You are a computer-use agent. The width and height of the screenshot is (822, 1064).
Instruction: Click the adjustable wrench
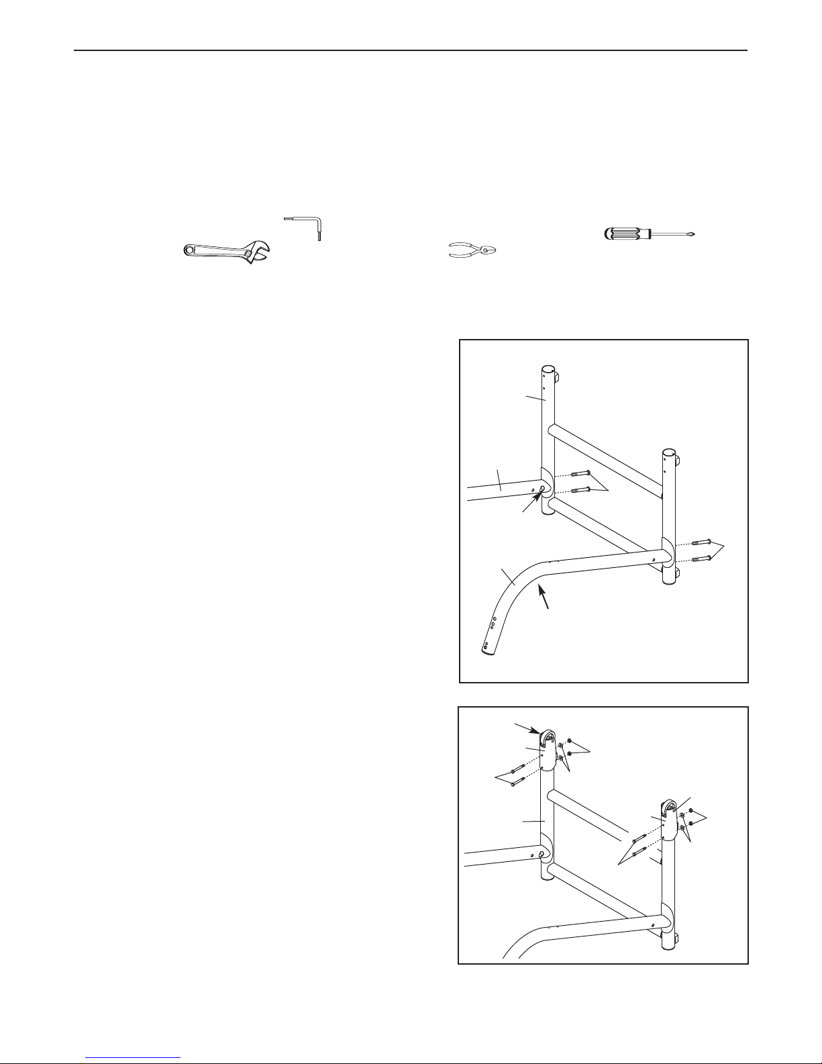225,252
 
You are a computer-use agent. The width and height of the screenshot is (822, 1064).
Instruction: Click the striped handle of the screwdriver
628,234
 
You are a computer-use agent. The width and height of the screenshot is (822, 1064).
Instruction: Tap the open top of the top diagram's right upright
669,451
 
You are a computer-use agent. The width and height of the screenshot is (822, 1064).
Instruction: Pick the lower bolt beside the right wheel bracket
635,853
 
